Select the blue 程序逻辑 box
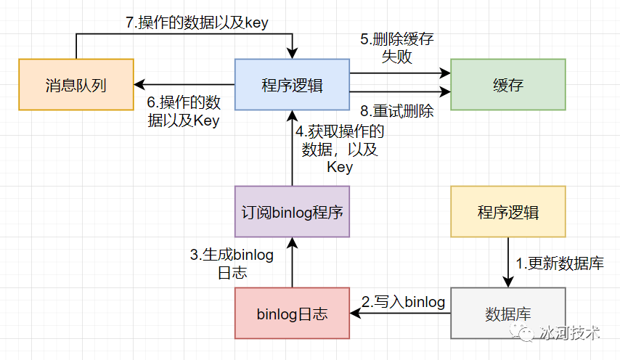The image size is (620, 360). (292, 84)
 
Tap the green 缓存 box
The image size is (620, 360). (507, 84)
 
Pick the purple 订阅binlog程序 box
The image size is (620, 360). (292, 212)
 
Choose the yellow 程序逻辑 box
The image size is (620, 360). (507, 212)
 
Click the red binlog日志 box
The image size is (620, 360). (292, 314)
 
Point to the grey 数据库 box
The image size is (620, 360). (507, 314)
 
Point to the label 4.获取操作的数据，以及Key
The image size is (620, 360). (339, 149)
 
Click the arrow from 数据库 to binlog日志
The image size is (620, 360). (400, 314)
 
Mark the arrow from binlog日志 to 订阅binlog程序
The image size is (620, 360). (292, 263)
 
